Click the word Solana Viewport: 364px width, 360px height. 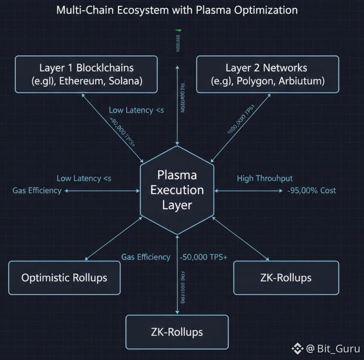tap(127, 82)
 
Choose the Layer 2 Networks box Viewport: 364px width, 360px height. tap(267, 74)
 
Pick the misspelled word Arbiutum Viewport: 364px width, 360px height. tap(302, 82)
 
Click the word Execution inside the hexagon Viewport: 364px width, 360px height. tap(177, 190)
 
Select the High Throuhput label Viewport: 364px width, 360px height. tap(265, 178)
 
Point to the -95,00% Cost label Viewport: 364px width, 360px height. tap(311, 191)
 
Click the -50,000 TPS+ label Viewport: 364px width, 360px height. tap(204, 257)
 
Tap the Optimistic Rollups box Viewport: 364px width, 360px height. tap(64, 278)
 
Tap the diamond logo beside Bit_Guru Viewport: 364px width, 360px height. tap(298, 349)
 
